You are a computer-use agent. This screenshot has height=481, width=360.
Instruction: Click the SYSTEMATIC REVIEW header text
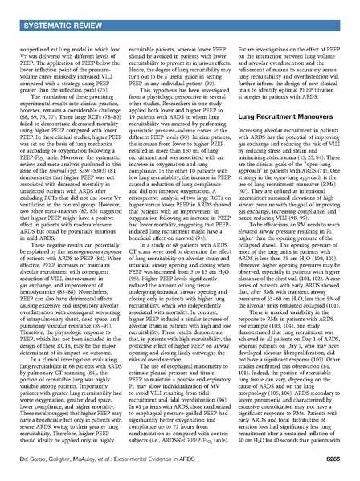click(51, 10)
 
